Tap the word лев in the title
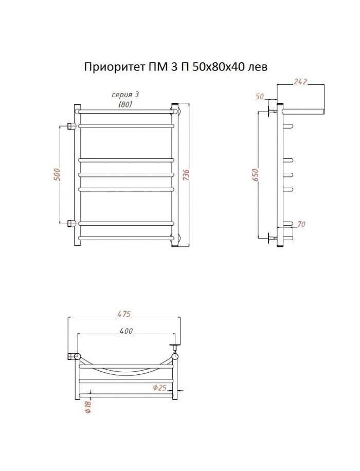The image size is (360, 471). click(x=257, y=67)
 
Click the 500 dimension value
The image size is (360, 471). click(x=58, y=174)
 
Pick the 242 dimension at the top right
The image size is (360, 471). click(x=300, y=81)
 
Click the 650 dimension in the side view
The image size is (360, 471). click(x=255, y=175)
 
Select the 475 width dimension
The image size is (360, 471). click(x=124, y=314)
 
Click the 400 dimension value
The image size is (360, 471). click(x=126, y=331)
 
